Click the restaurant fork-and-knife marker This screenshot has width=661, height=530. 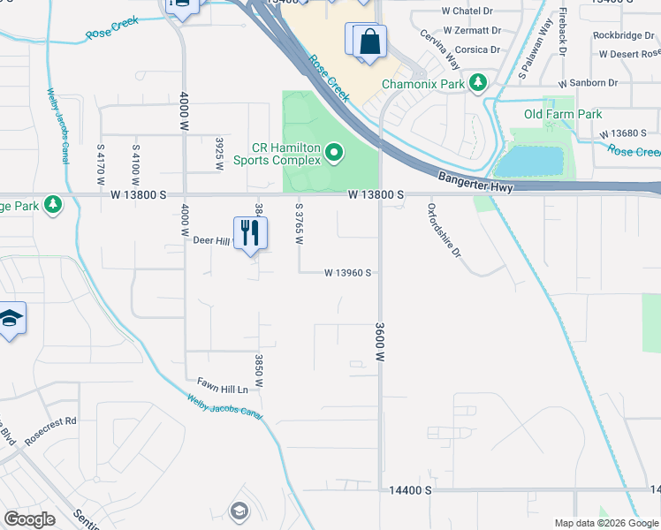[250, 233]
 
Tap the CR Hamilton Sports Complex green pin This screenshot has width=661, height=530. [334, 155]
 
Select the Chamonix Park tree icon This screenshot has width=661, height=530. [479, 83]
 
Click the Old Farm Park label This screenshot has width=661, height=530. [563, 115]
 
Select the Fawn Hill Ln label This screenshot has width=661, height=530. [222, 387]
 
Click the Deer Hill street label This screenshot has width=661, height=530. [210, 239]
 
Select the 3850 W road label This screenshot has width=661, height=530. [260, 370]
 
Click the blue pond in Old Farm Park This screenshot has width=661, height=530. [530, 162]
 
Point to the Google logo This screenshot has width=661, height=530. [29, 519]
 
